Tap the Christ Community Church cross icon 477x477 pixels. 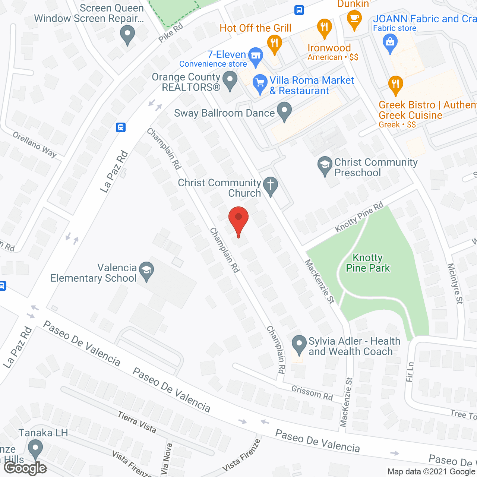[271, 186]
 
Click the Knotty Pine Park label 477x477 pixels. [367, 263]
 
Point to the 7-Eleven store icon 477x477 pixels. [256, 56]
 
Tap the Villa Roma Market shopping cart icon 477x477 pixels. [260, 83]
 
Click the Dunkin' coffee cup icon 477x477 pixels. [354, 19]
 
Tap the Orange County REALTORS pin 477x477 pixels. [230, 80]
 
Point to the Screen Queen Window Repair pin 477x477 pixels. [127, 34]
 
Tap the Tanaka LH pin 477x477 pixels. [35, 449]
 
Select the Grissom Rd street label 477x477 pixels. [312, 393]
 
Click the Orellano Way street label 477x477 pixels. [34, 145]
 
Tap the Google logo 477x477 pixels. [25, 468]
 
